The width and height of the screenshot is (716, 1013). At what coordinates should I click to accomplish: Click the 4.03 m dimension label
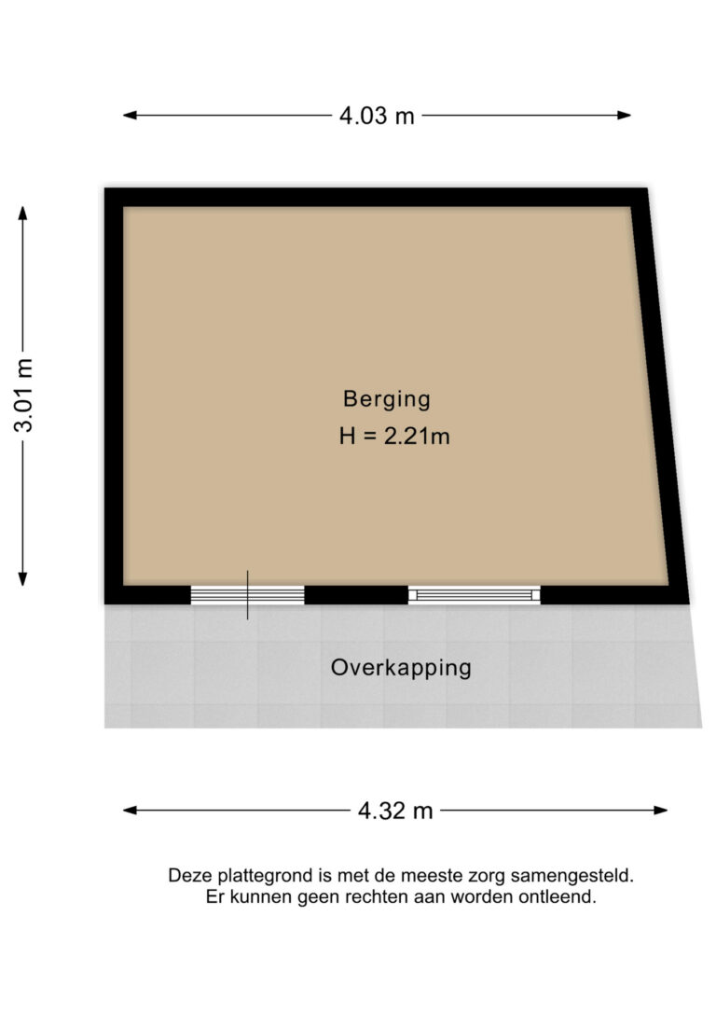377,116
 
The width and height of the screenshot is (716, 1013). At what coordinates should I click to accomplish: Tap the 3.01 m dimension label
23,395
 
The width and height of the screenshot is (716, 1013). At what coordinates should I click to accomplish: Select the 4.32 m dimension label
395,811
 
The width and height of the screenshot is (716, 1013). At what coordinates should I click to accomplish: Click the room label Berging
387,399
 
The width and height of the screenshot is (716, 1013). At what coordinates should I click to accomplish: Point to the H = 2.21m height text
394,437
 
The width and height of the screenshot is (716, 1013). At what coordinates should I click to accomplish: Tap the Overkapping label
401,668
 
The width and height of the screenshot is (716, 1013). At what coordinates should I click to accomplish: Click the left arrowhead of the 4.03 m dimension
130,116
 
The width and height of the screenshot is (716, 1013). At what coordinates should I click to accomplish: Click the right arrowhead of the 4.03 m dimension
624,116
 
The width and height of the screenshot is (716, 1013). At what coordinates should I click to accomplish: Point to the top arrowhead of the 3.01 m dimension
22,214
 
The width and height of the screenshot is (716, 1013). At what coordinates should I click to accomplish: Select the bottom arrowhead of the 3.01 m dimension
22,579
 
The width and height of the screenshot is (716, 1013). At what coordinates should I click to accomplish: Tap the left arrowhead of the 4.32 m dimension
130,811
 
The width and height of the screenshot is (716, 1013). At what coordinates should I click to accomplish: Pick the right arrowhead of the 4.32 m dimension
660,811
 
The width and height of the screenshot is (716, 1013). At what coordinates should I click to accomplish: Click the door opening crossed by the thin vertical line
247,595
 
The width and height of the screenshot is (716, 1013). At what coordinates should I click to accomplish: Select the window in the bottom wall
475,595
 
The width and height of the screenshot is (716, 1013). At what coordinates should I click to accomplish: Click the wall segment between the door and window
356,595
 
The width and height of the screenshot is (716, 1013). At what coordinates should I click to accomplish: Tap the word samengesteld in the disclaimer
572,877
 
